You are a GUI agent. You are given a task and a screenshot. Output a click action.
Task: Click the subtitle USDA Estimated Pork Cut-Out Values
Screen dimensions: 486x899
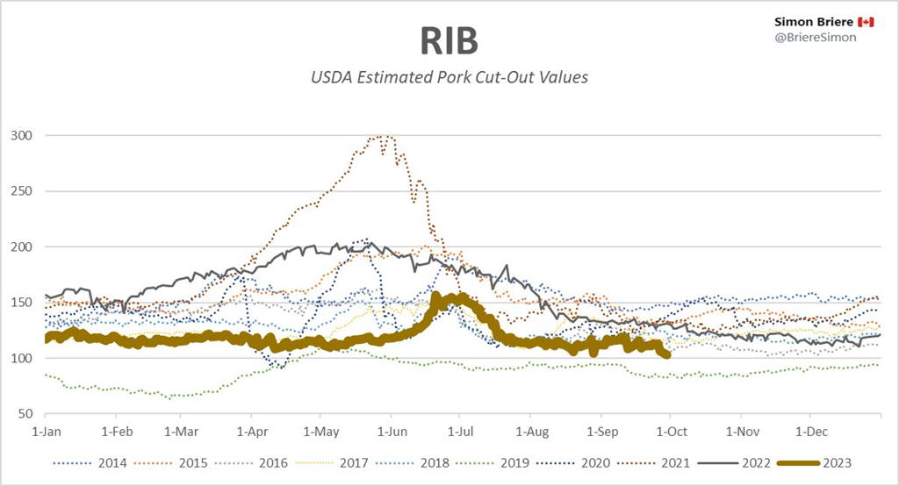click(449, 77)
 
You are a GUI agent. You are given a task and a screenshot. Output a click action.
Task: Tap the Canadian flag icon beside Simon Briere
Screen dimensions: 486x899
click(866, 21)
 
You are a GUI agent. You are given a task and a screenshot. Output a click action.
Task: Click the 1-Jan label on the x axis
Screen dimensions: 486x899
click(46, 432)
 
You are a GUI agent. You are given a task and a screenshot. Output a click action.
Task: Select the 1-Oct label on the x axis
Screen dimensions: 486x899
click(671, 432)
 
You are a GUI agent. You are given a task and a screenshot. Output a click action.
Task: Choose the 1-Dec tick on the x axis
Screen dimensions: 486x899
click(810, 432)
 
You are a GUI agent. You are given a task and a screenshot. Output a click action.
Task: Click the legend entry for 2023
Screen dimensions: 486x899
click(830, 462)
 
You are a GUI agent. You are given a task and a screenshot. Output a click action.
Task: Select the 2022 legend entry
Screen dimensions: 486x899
click(751, 462)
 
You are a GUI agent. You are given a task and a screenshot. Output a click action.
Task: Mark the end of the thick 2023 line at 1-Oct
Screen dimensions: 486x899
click(668, 354)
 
